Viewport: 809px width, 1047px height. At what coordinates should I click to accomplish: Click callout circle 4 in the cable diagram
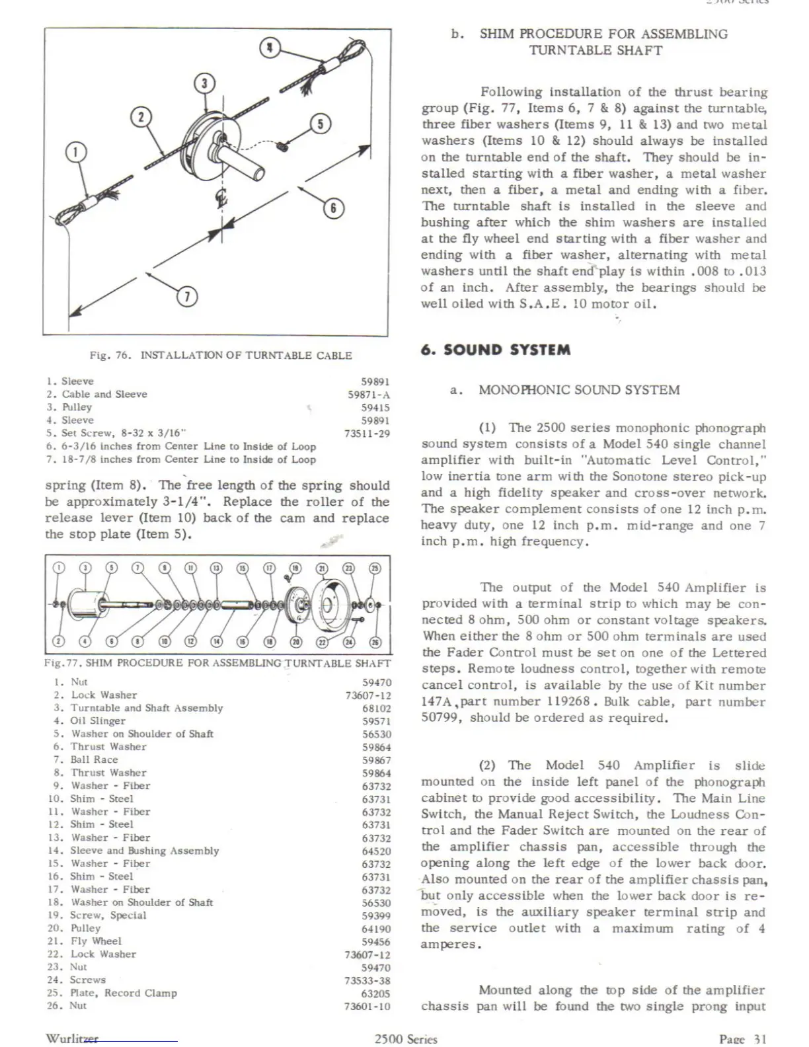(x=270, y=48)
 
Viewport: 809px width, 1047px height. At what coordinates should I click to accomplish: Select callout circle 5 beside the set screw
(x=320, y=124)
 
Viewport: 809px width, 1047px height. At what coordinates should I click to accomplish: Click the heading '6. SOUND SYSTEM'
(x=496, y=350)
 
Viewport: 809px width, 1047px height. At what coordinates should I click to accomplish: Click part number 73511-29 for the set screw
(x=367, y=434)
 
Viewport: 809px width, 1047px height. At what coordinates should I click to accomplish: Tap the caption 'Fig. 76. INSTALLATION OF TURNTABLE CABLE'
(x=221, y=356)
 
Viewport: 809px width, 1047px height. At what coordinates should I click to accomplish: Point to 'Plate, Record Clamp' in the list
(x=124, y=993)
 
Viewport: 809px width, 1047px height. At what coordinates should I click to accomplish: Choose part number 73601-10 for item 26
(x=367, y=1006)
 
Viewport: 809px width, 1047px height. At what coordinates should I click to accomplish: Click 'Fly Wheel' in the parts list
(x=96, y=941)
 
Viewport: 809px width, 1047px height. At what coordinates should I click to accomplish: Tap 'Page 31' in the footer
(x=742, y=1039)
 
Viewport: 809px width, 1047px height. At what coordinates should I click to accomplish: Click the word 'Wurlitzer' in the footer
(x=71, y=1038)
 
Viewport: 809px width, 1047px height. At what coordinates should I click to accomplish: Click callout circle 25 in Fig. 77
(x=375, y=568)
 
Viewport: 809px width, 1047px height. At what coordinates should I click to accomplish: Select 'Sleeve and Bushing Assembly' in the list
(x=144, y=851)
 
